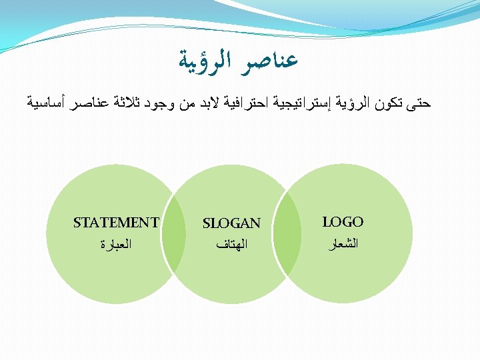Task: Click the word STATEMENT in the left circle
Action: click(116, 223)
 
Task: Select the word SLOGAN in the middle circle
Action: click(231, 223)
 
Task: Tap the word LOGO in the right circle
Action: click(343, 222)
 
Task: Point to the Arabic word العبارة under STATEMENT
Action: click(116, 245)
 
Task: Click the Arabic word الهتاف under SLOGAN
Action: click(231, 245)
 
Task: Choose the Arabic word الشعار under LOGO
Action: click(343, 244)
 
